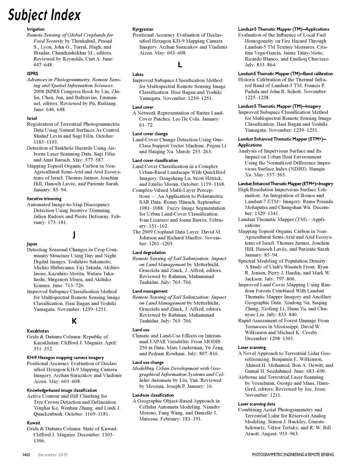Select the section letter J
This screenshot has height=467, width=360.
click(74, 235)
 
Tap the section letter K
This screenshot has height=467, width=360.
click(74, 321)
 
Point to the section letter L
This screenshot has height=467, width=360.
click(180, 65)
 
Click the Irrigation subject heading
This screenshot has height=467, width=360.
click(36, 29)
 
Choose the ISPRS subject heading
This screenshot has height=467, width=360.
click(32, 74)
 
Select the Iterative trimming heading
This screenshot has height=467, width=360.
click(44, 199)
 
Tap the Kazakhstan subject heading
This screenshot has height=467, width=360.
click(38, 331)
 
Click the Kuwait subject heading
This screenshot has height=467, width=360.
click(33, 423)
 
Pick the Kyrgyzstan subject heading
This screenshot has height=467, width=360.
click(143, 29)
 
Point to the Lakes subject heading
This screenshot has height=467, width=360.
click(138, 75)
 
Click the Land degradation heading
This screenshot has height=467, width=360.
click(149, 253)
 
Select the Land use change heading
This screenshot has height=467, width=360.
click(148, 362)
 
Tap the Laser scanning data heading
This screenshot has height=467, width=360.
click(256, 404)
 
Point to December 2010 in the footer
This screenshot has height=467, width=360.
click(53, 455)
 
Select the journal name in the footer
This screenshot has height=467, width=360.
click(292, 455)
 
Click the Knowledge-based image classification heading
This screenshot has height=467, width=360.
click(62, 390)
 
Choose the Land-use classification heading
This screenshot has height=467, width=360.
click(153, 395)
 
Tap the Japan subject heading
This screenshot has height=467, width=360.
click(32, 244)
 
